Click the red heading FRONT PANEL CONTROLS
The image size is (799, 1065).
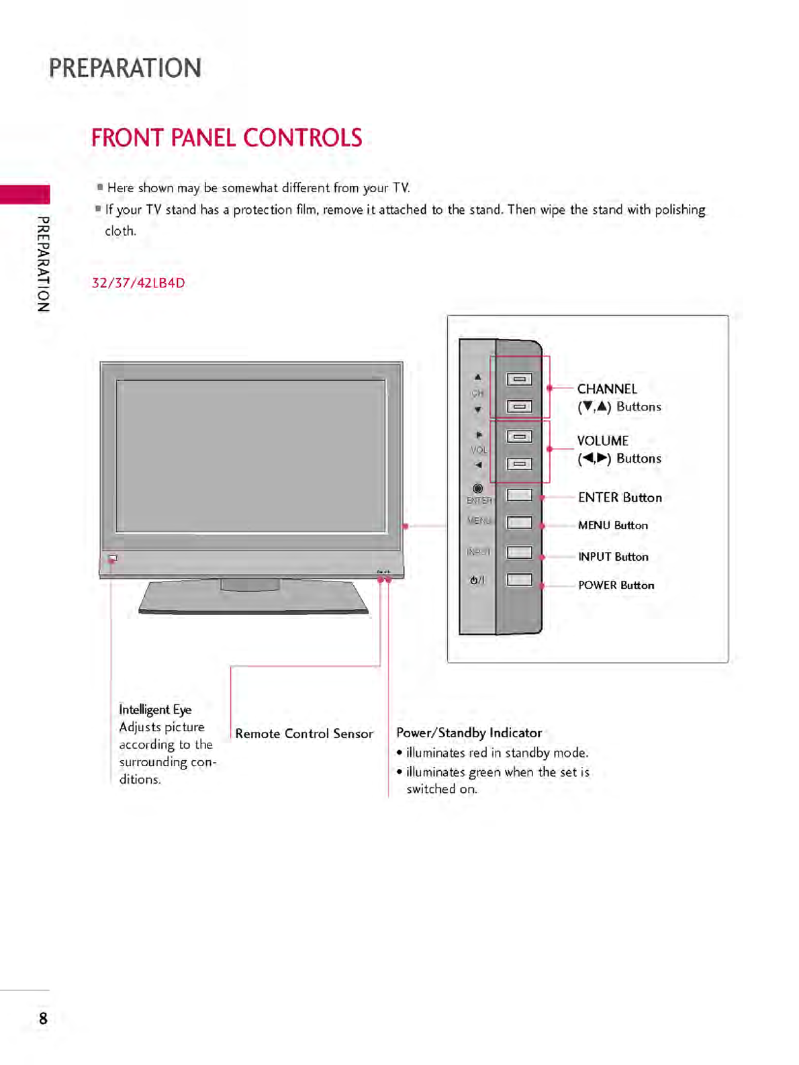[x=226, y=138]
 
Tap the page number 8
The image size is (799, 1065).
[x=43, y=1019]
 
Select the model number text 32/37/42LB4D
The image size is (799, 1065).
[x=138, y=283]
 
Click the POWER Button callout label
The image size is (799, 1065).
[x=616, y=586]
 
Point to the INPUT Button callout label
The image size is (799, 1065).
[x=613, y=557]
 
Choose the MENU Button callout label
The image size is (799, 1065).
[x=612, y=525]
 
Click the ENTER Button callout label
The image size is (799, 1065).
[x=620, y=498]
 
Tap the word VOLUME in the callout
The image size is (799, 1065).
[x=603, y=441]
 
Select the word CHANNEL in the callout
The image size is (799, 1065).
[x=607, y=389]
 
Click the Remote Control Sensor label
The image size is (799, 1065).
[x=303, y=733]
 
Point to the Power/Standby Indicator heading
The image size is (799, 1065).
[x=469, y=733]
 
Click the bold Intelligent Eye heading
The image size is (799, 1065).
[x=155, y=710]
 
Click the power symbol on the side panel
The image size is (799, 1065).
[x=477, y=580]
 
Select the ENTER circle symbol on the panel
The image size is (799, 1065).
[x=477, y=488]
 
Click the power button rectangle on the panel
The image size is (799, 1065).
[x=519, y=580]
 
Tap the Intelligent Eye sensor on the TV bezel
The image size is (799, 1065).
[x=112, y=558]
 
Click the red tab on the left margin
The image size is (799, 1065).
[x=25, y=194]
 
